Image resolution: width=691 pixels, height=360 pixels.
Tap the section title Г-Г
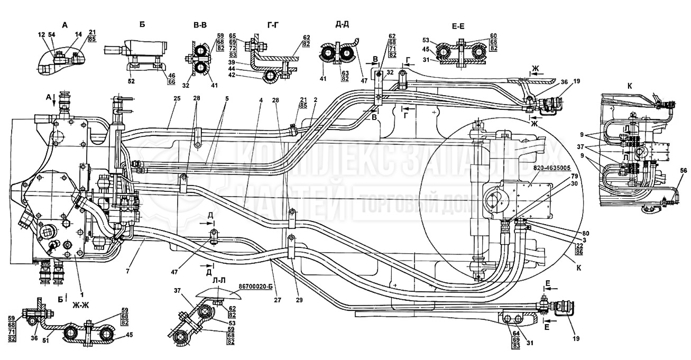pyautogui.click(x=274, y=24)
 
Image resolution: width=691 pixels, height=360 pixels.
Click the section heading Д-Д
pyautogui.click(x=342, y=24)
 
